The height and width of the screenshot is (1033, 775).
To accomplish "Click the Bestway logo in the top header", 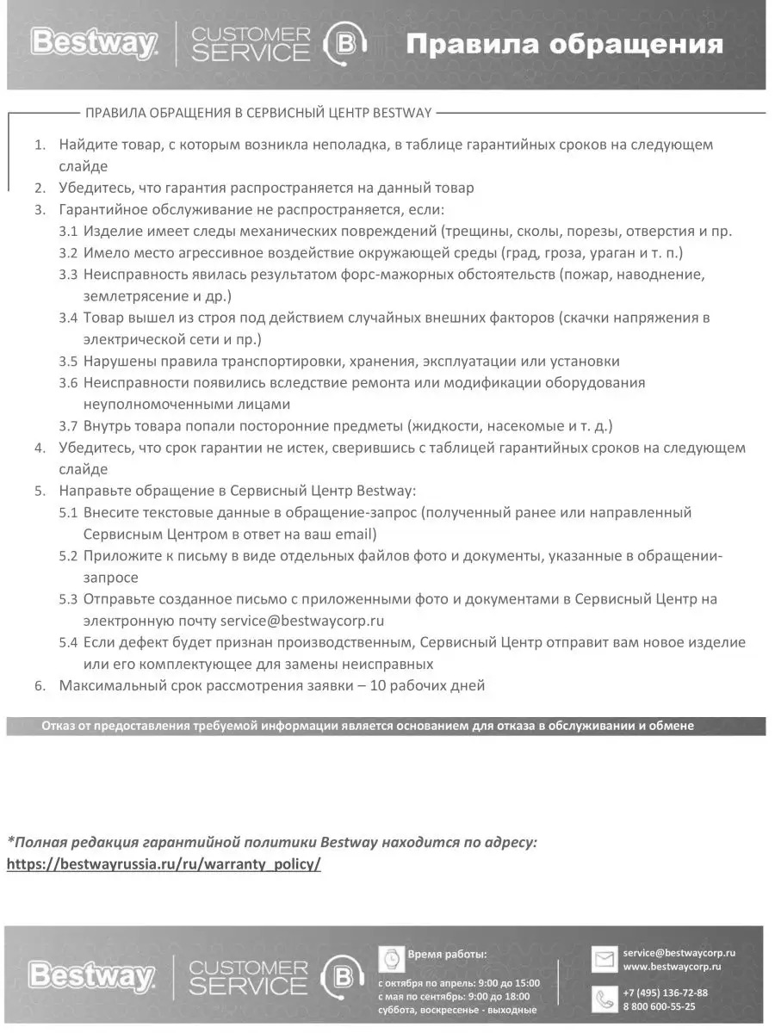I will pyautogui.click(x=94, y=43).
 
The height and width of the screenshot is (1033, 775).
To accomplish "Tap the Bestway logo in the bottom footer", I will pyautogui.click(x=92, y=976).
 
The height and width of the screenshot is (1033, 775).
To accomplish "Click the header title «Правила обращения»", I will pyautogui.click(x=564, y=44).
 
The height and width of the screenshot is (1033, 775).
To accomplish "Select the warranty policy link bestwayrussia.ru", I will pyautogui.click(x=164, y=864).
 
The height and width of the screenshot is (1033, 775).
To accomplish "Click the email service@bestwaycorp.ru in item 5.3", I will pyautogui.click(x=301, y=620).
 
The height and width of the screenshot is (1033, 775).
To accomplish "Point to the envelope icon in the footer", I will pyautogui.click(x=604, y=959).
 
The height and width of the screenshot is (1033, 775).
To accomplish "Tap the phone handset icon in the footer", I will pyautogui.click(x=604, y=999).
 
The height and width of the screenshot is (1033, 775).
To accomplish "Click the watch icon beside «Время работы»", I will pyautogui.click(x=391, y=956).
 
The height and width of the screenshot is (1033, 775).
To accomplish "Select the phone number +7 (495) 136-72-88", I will pyautogui.click(x=665, y=992).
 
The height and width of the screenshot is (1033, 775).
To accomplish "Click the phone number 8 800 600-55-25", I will pyautogui.click(x=659, y=1005).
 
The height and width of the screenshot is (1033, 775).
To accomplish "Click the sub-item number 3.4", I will pyautogui.click(x=68, y=319).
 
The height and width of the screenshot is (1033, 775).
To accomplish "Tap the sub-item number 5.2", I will pyautogui.click(x=68, y=556).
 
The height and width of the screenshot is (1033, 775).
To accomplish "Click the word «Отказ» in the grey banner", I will pyautogui.click(x=59, y=726).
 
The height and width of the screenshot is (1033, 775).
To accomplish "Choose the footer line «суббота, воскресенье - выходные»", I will pyautogui.click(x=457, y=1010).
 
